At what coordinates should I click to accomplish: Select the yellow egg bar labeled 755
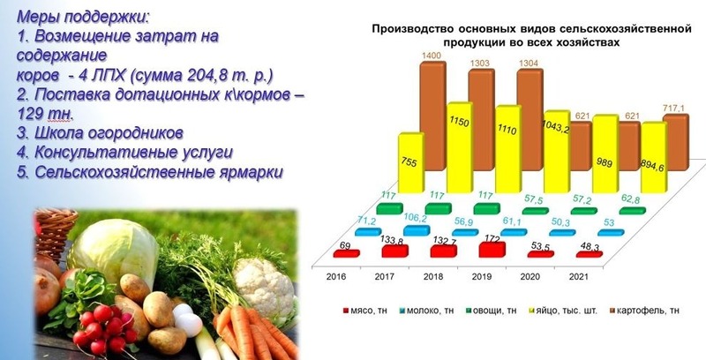coord(411,163)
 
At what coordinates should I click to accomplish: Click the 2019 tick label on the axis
coord(482,277)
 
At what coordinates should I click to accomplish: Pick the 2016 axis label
coord(336,277)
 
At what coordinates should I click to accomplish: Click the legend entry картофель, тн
coord(644,311)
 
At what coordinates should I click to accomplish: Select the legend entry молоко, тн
coord(426,311)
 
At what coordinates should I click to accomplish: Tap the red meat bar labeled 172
coord(492,250)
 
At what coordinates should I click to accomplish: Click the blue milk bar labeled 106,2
coord(417,231)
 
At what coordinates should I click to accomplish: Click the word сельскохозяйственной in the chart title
coord(625,29)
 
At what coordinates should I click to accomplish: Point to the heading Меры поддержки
coord(84,17)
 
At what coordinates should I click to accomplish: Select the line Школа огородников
coord(100,133)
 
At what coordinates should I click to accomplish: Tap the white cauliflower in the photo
coord(264,285)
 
